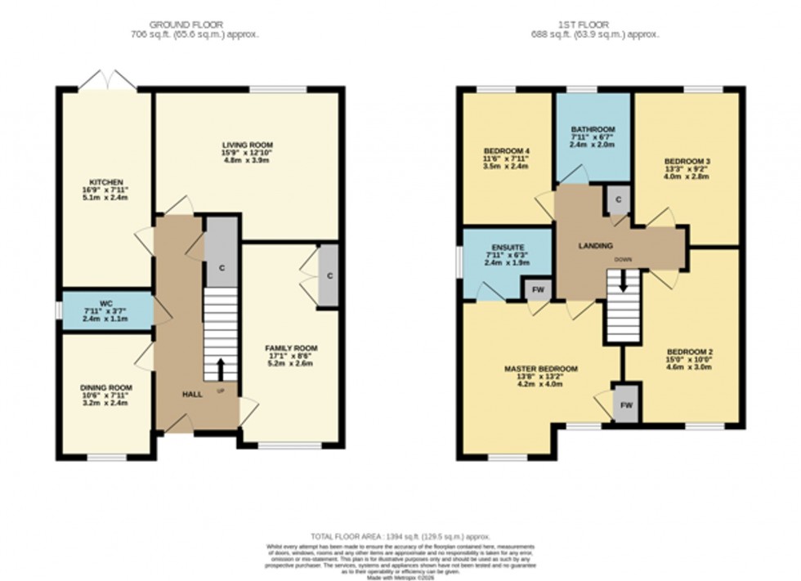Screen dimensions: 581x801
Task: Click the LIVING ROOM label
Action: [246, 143]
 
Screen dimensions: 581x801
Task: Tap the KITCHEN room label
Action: [106, 181]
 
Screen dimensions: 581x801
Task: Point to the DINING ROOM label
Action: [106, 387]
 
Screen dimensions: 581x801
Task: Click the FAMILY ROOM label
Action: [292, 348]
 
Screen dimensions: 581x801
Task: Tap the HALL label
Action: [192, 394]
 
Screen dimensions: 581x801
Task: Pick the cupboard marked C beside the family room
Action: [329, 275]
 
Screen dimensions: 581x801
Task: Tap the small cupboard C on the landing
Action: [618, 199]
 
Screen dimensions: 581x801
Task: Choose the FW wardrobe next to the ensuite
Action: [538, 289]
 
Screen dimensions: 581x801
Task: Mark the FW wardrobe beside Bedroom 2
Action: [626, 404]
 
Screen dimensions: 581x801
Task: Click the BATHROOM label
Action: [593, 130]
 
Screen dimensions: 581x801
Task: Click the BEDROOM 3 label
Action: [686, 161]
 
